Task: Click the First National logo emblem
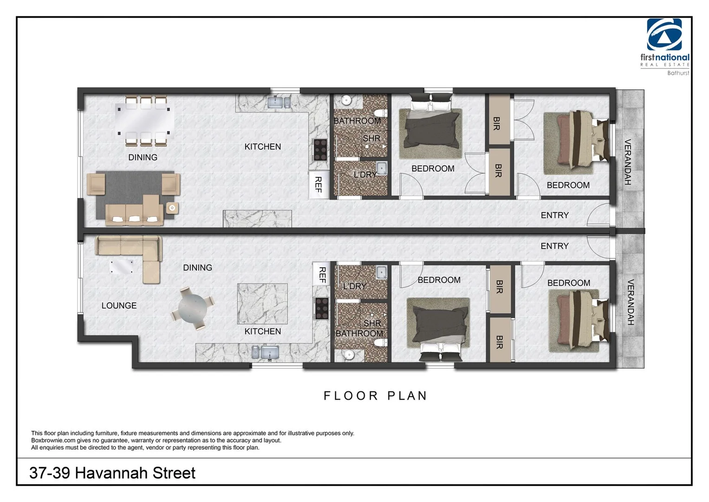(664, 34)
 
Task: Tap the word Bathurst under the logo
(678, 73)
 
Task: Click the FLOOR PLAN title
(375, 396)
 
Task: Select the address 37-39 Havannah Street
(112, 473)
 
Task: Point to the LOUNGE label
(119, 305)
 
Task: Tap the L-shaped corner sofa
(132, 253)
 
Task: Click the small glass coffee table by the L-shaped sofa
(122, 266)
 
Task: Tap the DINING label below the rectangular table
(143, 158)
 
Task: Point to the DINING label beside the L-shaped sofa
(197, 268)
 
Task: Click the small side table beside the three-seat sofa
(172, 208)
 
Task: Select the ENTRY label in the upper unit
(554, 215)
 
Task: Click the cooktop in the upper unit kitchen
(320, 150)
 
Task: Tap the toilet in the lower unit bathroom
(380, 343)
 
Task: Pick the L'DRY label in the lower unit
(354, 286)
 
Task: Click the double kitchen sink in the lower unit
(265, 352)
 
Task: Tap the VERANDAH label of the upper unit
(627, 162)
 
